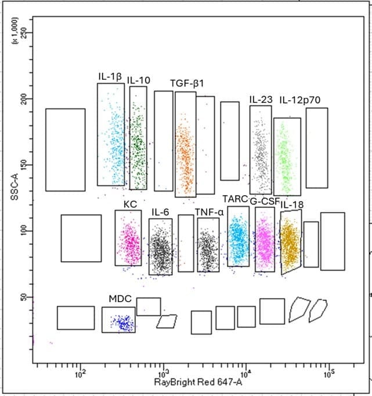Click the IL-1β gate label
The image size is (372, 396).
(110, 76)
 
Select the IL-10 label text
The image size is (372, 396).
(139, 80)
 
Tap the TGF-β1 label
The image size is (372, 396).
(187, 83)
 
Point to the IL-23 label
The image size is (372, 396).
(261, 100)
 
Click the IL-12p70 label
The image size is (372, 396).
(300, 100)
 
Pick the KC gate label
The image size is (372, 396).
(130, 204)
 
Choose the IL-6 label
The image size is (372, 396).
(160, 212)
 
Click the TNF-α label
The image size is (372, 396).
(209, 212)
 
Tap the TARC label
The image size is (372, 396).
(235, 199)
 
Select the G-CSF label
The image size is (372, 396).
(265, 201)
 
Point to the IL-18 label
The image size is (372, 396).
(292, 205)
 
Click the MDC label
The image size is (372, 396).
(120, 299)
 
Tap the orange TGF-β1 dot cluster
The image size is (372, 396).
(186, 154)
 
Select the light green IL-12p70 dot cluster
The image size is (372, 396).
(285, 158)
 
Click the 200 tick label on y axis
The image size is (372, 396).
(24, 99)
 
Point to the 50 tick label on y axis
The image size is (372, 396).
(24, 297)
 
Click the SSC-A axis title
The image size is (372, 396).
(15, 188)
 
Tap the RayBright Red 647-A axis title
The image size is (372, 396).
(198, 382)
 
